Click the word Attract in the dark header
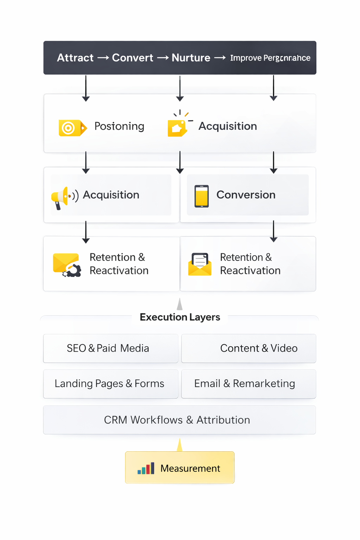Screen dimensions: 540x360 point(75,58)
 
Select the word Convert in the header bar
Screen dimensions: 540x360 point(133,58)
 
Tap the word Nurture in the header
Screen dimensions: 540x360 point(191,58)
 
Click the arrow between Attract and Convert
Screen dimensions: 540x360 point(103,58)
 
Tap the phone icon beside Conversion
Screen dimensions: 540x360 point(201,196)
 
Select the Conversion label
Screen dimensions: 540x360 point(246,195)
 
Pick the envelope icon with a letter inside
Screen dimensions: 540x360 point(200,264)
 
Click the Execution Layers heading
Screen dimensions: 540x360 point(180,317)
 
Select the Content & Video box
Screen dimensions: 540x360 point(249,348)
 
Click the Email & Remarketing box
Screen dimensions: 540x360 point(249,384)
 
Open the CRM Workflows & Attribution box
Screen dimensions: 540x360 point(179,420)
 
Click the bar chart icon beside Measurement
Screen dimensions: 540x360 point(146,469)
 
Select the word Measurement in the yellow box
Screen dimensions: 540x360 point(190,469)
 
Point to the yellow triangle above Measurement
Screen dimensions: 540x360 point(180,445)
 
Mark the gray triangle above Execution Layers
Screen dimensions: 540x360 point(180,304)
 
